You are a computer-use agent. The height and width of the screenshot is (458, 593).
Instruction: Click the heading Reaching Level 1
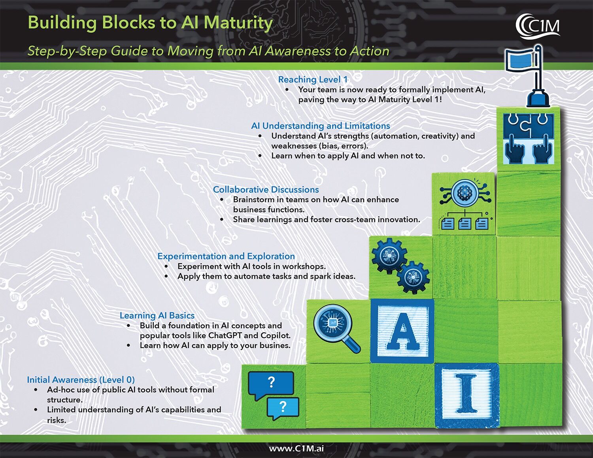pyautogui.click(x=313, y=79)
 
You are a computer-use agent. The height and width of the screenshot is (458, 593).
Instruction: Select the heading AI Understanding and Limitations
pyautogui.click(x=320, y=126)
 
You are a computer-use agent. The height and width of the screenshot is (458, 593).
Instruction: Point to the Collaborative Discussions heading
pyautogui.click(x=266, y=190)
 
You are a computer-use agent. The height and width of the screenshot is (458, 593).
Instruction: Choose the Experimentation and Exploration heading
pyautogui.click(x=226, y=256)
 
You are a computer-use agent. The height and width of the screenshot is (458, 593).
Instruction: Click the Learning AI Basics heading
pyautogui.click(x=157, y=315)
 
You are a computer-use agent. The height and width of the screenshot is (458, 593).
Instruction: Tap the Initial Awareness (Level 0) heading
pyautogui.click(x=81, y=380)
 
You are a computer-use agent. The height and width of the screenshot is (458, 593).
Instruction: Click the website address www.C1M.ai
pyautogui.click(x=296, y=449)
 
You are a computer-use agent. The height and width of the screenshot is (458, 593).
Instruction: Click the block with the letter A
pyautogui.click(x=402, y=331)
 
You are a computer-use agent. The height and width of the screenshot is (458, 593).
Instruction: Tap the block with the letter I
pyautogui.click(x=466, y=395)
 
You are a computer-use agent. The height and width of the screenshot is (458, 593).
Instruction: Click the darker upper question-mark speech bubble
pyautogui.click(x=271, y=383)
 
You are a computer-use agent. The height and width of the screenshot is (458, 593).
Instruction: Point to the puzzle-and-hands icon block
pyautogui.click(x=528, y=139)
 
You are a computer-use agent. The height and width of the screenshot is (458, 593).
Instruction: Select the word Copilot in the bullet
pyautogui.click(x=275, y=335)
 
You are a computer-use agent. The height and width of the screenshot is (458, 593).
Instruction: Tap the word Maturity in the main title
pyautogui.click(x=238, y=23)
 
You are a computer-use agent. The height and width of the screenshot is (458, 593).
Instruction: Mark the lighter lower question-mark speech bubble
pyautogui.click(x=283, y=407)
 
